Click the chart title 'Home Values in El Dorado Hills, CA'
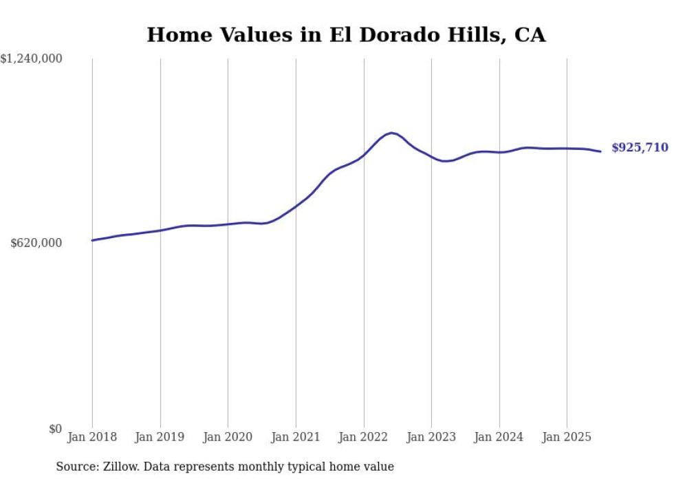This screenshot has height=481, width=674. pos(346,35)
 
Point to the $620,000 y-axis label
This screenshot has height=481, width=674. pos(36,243)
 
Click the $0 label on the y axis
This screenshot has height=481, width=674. pos(55,429)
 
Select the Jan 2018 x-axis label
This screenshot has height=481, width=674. pos(92,437)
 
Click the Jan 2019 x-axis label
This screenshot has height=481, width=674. pos(160,437)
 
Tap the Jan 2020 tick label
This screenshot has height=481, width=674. pos(228,437)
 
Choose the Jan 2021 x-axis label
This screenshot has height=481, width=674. pos(296,437)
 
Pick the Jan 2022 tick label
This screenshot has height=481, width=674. pos(363,437)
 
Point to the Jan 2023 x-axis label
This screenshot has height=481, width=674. pos(431,437)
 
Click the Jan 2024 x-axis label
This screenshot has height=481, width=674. pos(499,437)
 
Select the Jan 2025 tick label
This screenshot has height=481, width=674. pos(567,437)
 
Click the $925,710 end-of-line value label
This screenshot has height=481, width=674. pos(639,148)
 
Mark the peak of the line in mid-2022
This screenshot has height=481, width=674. pos(391,133)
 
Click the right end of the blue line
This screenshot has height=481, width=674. pos(600,151)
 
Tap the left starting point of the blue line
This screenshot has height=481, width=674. pos(92,240)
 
